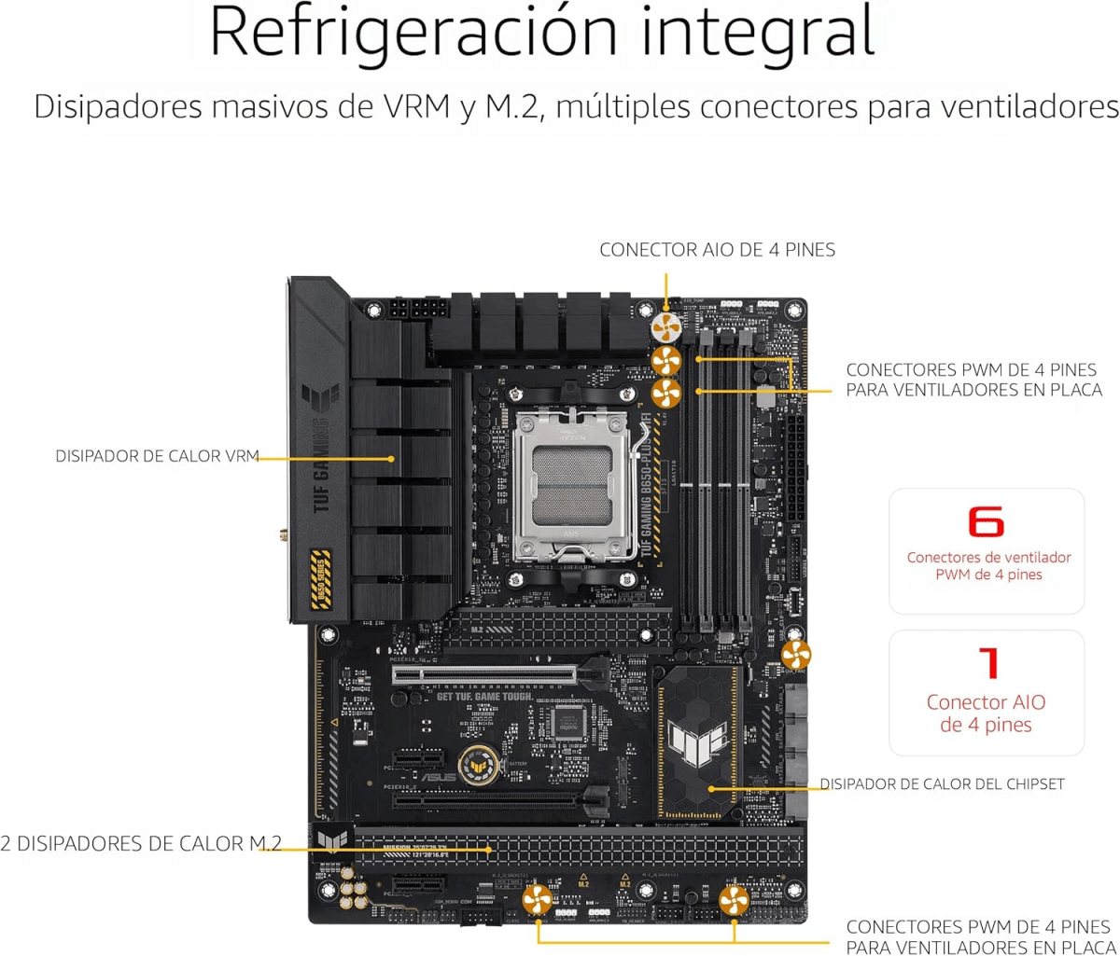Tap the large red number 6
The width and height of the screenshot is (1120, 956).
pyautogui.click(x=986, y=522)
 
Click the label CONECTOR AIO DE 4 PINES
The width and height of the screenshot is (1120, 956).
pyautogui.click(x=717, y=250)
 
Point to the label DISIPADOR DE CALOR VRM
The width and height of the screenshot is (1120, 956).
pyautogui.click(x=155, y=457)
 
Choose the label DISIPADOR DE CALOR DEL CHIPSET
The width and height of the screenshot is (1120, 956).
pyautogui.click(x=942, y=784)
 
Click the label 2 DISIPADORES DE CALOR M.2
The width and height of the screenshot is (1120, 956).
pyautogui.click(x=141, y=844)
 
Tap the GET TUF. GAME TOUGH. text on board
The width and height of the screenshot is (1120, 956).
pyautogui.click(x=484, y=697)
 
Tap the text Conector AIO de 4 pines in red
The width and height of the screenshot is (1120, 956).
pyautogui.click(x=986, y=713)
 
